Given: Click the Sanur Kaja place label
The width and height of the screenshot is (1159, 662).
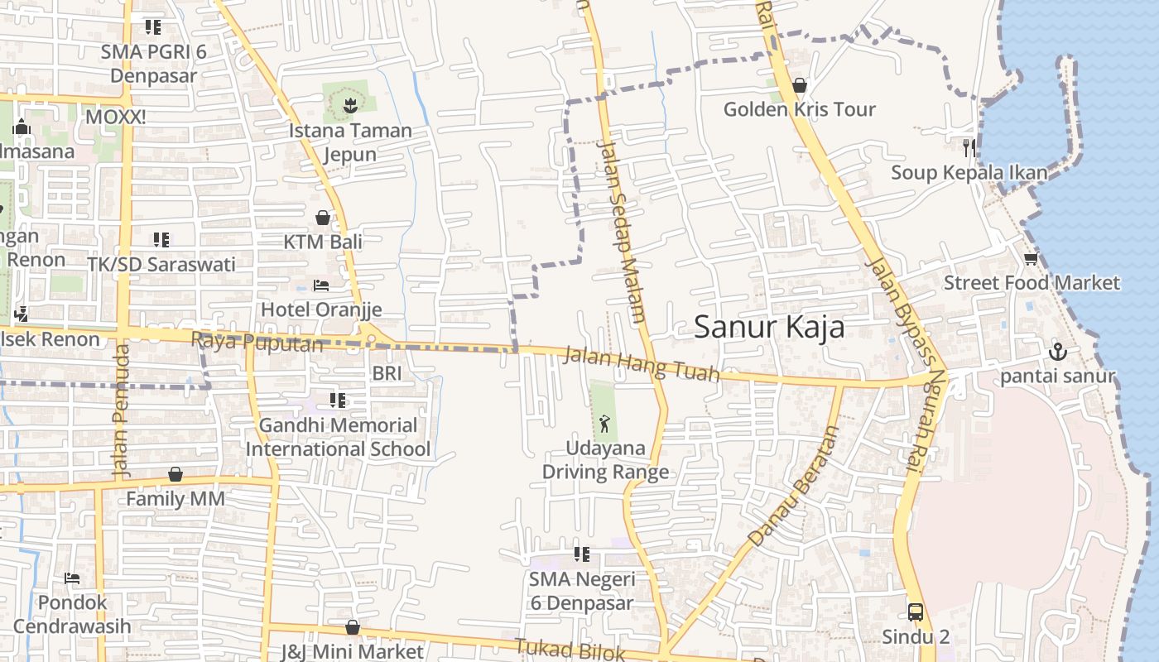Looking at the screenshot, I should pos(769,327).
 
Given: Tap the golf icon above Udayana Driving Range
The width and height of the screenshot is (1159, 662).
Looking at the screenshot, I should pos(605,425).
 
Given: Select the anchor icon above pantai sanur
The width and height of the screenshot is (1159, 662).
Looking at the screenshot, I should pos(1058,353).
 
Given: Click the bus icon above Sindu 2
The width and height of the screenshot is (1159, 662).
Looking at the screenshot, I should pos(916,612).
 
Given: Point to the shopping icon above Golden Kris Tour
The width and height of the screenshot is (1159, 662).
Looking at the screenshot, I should pos(800,85).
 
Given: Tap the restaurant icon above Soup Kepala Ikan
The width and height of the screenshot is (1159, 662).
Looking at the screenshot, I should pos(969,148).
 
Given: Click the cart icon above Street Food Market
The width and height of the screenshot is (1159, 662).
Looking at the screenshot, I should pos(1031,259).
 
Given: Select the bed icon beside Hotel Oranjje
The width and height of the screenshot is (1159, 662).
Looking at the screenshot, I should pos(321,285).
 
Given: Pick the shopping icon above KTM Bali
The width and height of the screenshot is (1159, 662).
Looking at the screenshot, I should pos(323,218).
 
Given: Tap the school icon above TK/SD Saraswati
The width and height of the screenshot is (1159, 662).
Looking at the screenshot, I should pos(161,240).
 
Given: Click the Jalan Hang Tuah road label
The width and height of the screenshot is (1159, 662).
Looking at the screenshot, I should pos(641,365).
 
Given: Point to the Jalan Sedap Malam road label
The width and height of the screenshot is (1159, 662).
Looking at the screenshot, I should pos(621,231).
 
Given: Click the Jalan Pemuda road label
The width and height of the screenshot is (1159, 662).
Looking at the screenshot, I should pos(121,410).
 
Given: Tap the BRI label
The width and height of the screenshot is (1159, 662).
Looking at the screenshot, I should pos(387,373).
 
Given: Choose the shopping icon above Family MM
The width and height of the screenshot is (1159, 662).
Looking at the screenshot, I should pos(176,474).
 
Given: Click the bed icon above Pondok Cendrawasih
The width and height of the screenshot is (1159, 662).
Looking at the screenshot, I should pos(72,578).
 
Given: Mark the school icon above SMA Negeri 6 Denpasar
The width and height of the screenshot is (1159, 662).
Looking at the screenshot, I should pos(581,554).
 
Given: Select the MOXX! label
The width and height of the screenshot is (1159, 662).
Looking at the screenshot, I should pos(116,117).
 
